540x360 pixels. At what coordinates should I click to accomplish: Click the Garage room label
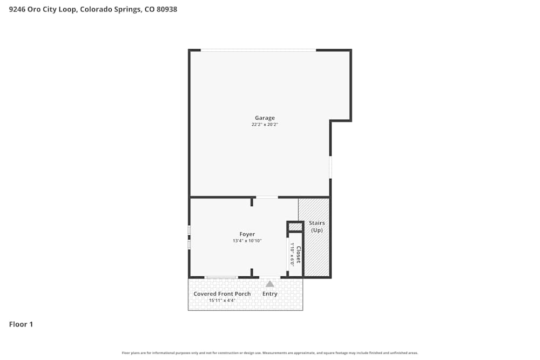(265, 118)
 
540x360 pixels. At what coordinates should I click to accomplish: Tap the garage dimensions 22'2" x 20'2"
(265, 125)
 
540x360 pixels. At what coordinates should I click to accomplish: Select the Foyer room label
(247, 234)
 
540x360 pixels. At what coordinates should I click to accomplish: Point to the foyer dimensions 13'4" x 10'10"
(247, 241)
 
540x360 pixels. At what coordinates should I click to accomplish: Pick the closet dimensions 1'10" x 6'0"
(292, 255)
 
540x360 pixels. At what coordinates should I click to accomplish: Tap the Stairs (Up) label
(317, 227)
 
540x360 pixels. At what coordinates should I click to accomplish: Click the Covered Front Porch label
(222, 294)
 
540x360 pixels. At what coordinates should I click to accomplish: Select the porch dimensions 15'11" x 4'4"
(222, 300)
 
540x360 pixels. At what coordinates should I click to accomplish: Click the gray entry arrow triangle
(269, 283)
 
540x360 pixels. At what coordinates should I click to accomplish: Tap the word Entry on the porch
(269, 294)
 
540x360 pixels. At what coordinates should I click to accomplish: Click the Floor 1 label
(21, 324)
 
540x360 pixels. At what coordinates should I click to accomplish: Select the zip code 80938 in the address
(166, 9)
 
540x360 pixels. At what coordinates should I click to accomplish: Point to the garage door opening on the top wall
(258, 50)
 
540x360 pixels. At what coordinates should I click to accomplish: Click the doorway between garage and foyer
(267, 197)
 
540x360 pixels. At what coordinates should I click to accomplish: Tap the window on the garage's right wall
(330, 167)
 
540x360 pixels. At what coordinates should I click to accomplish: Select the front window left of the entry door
(221, 277)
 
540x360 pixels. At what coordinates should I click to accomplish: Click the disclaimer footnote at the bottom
(270, 353)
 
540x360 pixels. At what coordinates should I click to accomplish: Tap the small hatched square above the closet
(295, 227)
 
